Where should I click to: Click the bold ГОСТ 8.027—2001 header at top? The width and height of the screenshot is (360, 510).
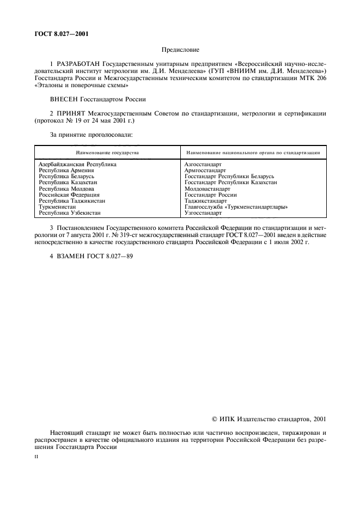pos(62,34)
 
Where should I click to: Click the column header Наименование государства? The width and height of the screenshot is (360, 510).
pos(108,153)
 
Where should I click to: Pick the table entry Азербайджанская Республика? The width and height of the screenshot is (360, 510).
pos(77,164)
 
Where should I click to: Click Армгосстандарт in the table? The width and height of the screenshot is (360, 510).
pos(206,170)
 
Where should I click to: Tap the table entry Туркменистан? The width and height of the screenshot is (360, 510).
pos(57,207)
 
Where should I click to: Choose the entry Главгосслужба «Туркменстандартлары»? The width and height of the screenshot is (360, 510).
pos(236,207)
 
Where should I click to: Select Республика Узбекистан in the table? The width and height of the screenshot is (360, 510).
pos(70,213)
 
